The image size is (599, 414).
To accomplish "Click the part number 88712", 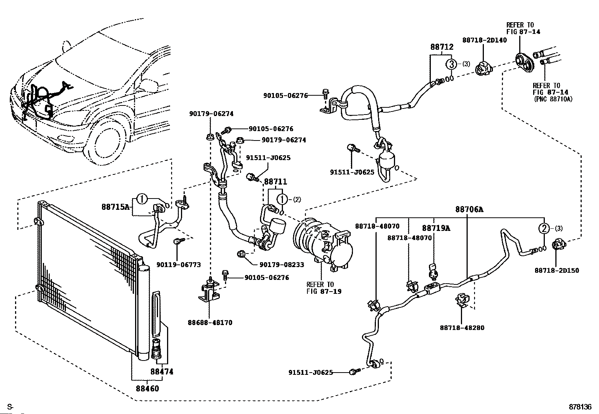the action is tap(442, 47).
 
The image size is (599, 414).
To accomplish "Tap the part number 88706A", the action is tap(469, 209).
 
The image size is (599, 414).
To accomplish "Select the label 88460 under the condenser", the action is tap(147, 388).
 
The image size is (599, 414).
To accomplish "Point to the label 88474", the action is tap(162, 372).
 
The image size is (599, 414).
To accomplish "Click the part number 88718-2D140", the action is tap(485, 40).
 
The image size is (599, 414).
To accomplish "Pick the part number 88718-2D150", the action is tap(557, 270).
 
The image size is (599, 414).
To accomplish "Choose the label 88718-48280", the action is tap(462, 328).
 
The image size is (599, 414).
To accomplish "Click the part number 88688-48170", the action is tap(210, 323).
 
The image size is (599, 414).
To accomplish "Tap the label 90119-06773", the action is tap(179, 265).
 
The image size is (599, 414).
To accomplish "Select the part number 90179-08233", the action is tap(282, 265).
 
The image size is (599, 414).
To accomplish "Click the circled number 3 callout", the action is tap(452, 64).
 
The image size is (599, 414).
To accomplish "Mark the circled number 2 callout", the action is tap(544, 228).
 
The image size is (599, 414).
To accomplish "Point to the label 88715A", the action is tap(116, 207).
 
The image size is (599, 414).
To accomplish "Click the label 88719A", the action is tap(436, 228).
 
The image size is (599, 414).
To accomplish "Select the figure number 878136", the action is tap(580, 407).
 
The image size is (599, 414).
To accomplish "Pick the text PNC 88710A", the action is tap(554, 99).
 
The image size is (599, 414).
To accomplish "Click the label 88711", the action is tap(275, 182).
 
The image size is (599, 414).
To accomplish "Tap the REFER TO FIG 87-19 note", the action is tap(324, 288).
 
